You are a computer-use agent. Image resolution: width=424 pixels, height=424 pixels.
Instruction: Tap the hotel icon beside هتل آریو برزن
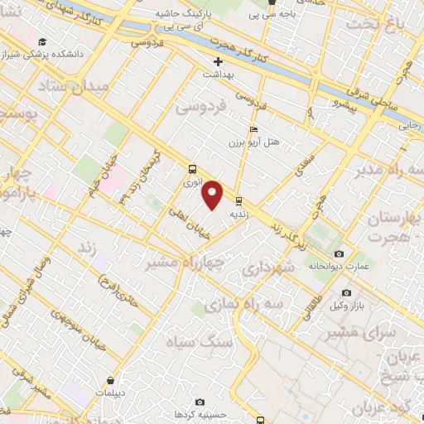tap(253, 129)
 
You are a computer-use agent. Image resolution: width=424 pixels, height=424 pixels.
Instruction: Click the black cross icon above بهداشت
tap(218, 61)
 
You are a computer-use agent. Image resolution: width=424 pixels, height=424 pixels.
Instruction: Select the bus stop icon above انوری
tap(192, 167)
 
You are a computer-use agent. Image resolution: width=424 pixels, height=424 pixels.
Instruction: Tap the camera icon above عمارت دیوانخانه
tap(338, 253)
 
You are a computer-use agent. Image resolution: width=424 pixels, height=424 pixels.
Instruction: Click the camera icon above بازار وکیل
tap(346, 292)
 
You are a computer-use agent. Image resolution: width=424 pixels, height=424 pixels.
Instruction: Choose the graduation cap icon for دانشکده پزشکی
tap(41, 42)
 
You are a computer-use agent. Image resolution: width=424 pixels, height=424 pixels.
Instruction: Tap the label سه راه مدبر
tap(380, 171)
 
